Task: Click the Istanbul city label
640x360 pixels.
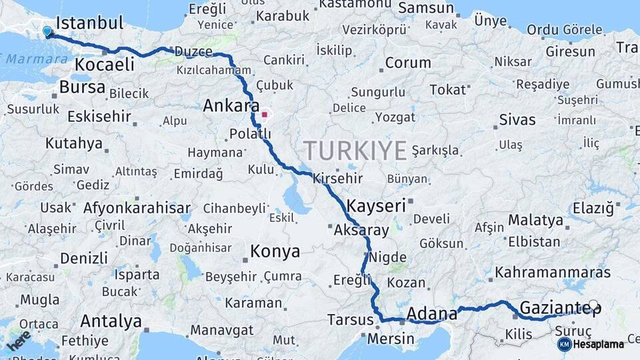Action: pyautogui.click(x=90, y=23)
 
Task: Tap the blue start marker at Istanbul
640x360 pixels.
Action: pyautogui.click(x=47, y=31)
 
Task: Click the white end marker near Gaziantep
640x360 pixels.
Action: pyautogui.click(x=593, y=305)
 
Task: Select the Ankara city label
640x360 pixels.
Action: pyautogui.click(x=231, y=105)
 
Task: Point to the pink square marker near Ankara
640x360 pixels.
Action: pyautogui.click(x=265, y=114)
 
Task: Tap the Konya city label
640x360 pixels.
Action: pyautogui.click(x=275, y=251)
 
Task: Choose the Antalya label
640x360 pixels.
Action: pyautogui.click(x=111, y=321)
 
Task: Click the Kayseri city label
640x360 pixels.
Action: pyautogui.click(x=376, y=205)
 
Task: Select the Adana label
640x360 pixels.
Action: pyautogui.click(x=431, y=313)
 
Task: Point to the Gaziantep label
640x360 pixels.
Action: pyautogui.click(x=559, y=308)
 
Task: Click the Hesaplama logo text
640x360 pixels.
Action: pyautogui.click(x=599, y=344)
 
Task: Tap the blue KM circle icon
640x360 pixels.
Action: pyautogui.click(x=564, y=344)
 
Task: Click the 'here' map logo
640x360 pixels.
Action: pyautogui.click(x=19, y=341)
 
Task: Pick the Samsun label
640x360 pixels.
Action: pyautogui.click(x=427, y=8)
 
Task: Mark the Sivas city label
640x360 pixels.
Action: pyautogui.click(x=517, y=120)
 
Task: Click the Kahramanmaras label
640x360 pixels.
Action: pyautogui.click(x=553, y=273)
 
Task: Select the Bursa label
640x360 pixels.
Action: pyautogui.click(x=82, y=87)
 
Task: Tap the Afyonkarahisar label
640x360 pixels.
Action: pyautogui.click(x=137, y=207)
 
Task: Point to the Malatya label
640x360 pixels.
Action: pyautogui.click(x=535, y=220)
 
